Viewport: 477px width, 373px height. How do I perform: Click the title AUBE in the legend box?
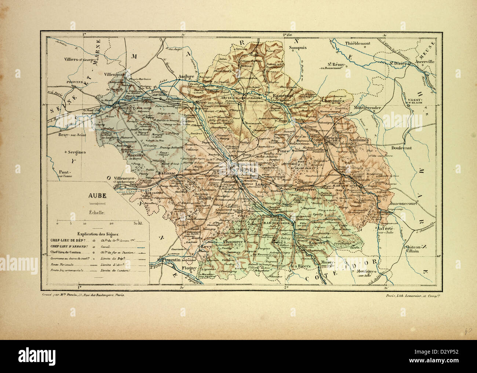pos(95,195)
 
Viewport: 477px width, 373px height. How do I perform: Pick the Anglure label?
pos(186,76)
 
